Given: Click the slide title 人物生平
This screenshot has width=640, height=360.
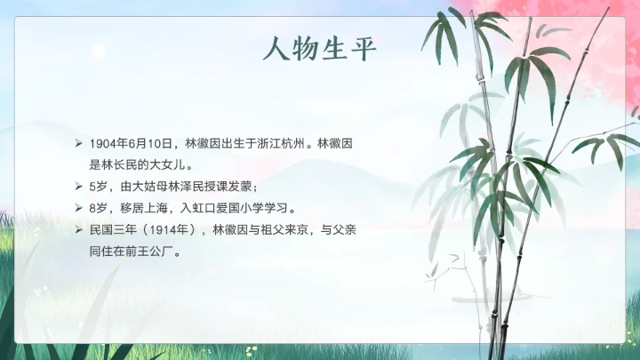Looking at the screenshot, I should (x=320, y=49).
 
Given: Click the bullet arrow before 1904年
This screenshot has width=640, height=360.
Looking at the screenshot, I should (x=78, y=143).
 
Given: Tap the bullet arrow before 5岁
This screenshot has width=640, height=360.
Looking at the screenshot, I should (x=78, y=187).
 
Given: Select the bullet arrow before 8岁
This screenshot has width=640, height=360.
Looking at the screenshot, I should (x=78, y=209).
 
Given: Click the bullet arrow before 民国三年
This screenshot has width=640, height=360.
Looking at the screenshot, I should (x=78, y=230).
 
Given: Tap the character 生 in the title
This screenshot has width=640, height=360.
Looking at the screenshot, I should (x=334, y=49).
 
